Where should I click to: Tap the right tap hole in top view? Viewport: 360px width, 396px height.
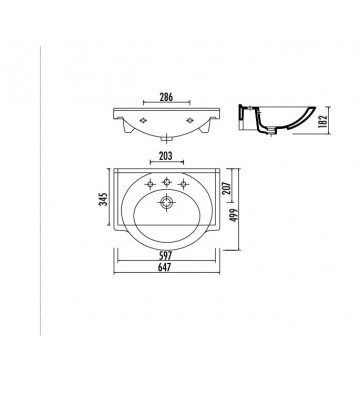pyautogui.click(x=186, y=182)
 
